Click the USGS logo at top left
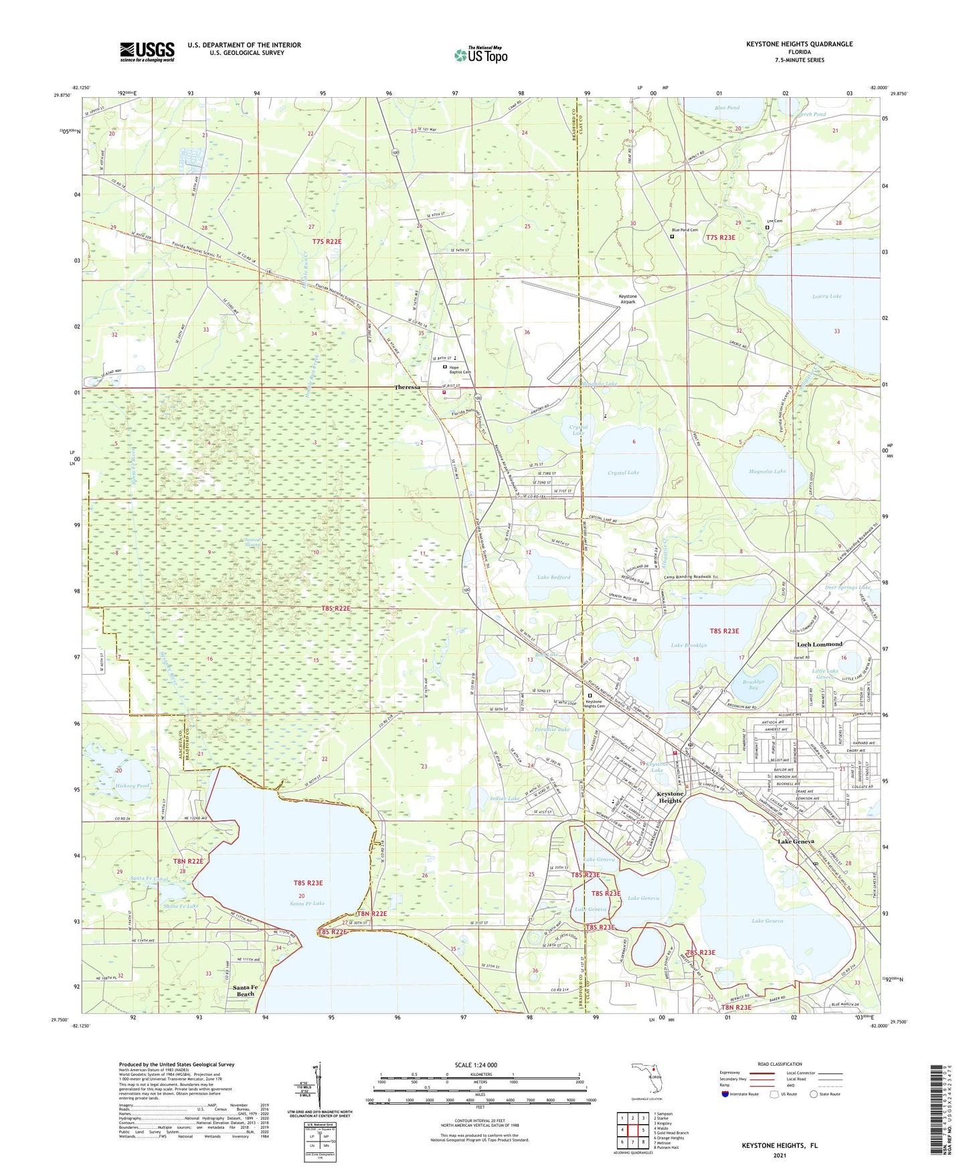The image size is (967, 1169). pyautogui.click(x=147, y=52)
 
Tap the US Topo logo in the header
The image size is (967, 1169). pyautogui.click(x=480, y=56)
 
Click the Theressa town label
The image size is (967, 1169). pyautogui.click(x=407, y=388)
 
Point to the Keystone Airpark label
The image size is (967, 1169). pyautogui.click(x=627, y=299)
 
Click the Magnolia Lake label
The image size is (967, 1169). pyautogui.click(x=767, y=471)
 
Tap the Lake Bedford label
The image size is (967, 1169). pyautogui.click(x=553, y=576)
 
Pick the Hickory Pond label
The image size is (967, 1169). pyautogui.click(x=132, y=785)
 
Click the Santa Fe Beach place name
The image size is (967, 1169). pyautogui.click(x=244, y=991)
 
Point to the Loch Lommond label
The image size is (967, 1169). pyautogui.click(x=819, y=644)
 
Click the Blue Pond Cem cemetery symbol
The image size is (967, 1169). pyautogui.click(x=672, y=236)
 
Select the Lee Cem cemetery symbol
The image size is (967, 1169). pyautogui.click(x=767, y=227)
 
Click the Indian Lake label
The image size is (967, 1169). pyautogui.click(x=505, y=798)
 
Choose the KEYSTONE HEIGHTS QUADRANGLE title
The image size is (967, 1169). pyautogui.click(x=799, y=44)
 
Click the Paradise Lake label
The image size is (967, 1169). pyautogui.click(x=552, y=729)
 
